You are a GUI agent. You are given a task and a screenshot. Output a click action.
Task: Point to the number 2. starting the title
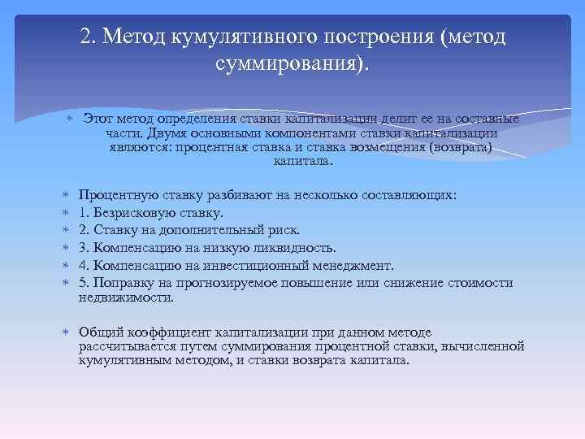pos(89,37)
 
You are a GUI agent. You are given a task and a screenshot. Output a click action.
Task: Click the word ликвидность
pos(293,247)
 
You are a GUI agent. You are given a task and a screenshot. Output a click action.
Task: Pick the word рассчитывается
pos(127,346)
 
